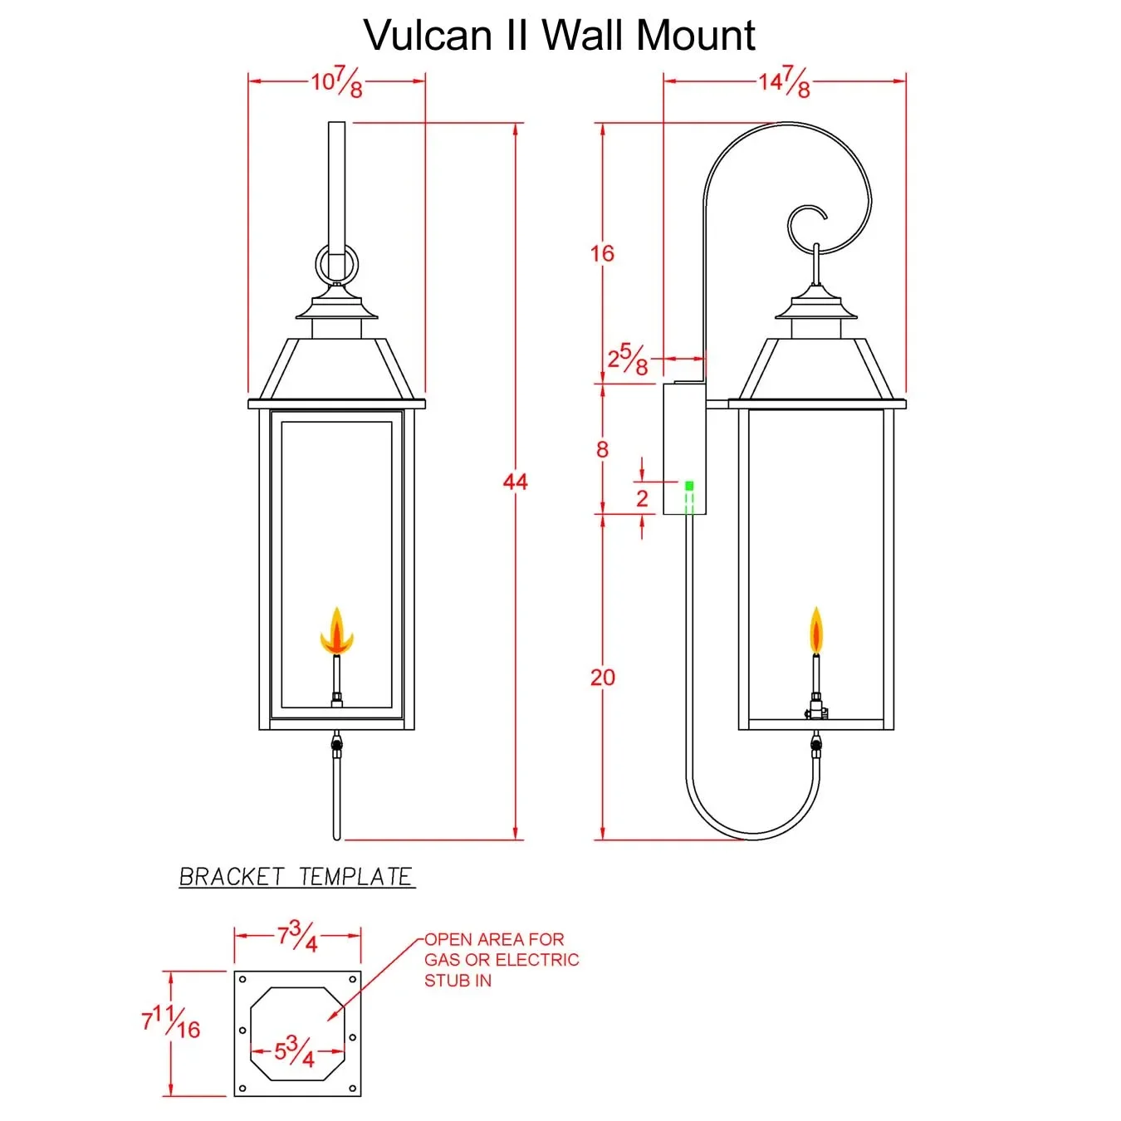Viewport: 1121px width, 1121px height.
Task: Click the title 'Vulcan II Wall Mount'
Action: point(559,36)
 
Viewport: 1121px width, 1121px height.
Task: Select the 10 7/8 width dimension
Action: point(337,82)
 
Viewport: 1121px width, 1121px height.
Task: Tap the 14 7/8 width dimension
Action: point(784,82)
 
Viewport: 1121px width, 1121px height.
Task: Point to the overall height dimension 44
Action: point(515,482)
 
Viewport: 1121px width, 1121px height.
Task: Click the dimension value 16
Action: point(602,253)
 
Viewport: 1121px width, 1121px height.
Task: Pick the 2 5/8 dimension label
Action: point(627,360)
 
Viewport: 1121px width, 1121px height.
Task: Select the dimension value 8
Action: point(602,449)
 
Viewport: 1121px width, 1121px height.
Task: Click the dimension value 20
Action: point(602,678)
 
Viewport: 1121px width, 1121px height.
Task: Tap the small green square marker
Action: point(689,485)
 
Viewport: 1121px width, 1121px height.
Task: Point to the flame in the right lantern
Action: point(816,631)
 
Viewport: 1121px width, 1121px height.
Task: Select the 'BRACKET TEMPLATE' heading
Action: point(296,877)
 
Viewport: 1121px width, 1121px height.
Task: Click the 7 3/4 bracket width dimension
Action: point(297,937)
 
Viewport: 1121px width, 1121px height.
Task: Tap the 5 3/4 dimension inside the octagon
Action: point(295,1051)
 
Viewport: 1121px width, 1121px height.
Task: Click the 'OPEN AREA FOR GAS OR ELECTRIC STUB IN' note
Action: point(501,960)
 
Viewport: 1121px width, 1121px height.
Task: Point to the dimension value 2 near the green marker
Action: point(642,498)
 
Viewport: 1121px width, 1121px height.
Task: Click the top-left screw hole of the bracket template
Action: point(243,980)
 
